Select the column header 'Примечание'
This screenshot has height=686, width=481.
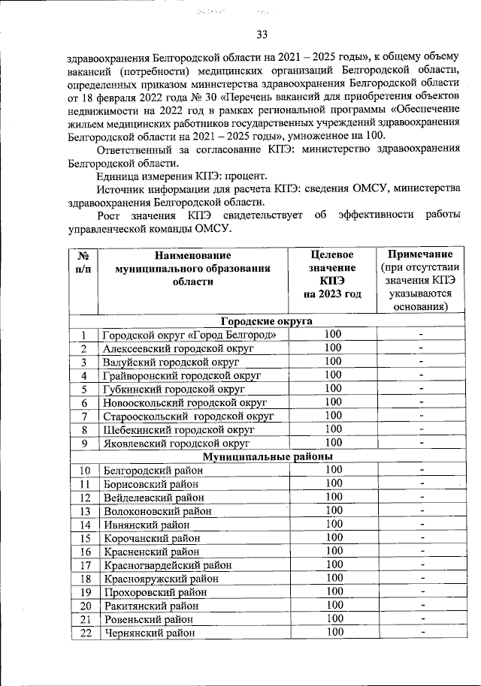420,254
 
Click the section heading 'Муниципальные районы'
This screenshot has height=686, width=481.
267,456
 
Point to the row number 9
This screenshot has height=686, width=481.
85,443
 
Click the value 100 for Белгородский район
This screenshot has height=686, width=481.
333,470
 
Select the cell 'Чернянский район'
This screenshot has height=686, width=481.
148,632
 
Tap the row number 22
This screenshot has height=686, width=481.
85,632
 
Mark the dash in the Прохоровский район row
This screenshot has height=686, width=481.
422,591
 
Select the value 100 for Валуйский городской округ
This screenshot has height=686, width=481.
333,362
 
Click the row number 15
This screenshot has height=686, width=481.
85,537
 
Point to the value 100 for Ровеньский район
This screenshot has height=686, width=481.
333,618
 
